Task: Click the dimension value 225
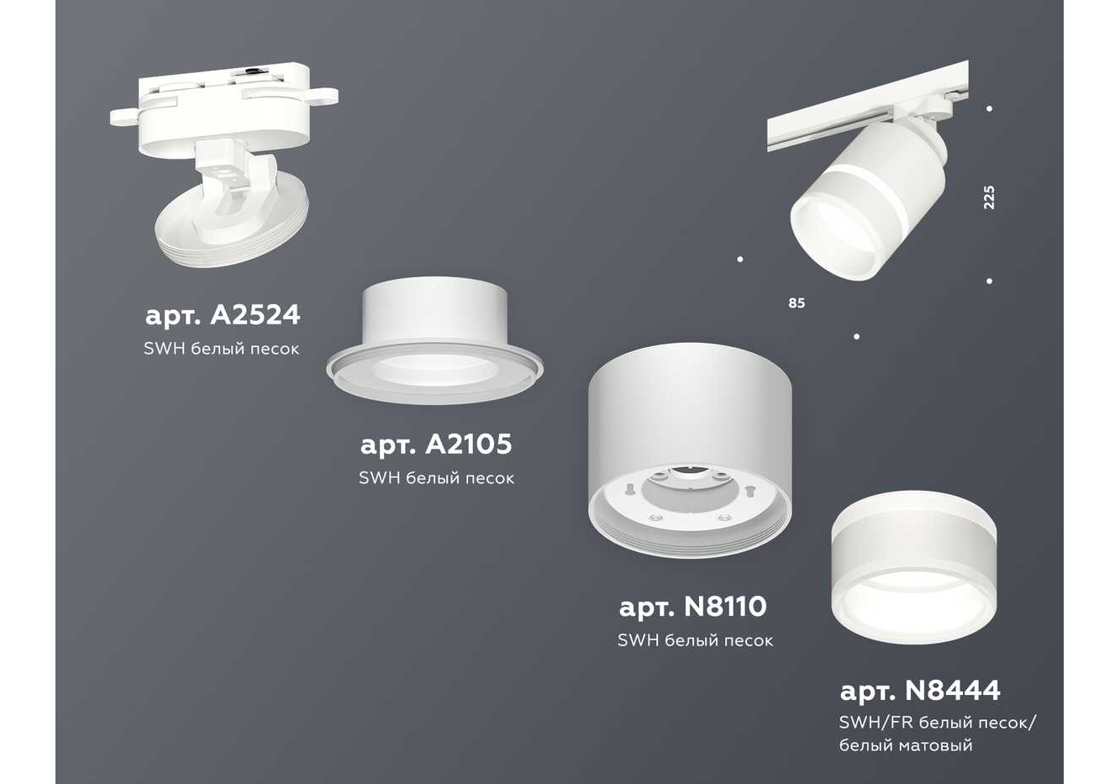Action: [x=989, y=197]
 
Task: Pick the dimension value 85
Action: [x=797, y=303]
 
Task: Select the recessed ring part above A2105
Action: [x=434, y=340]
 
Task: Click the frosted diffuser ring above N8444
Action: [x=914, y=566]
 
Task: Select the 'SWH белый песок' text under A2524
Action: [x=222, y=349]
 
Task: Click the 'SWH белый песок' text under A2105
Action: [x=437, y=478]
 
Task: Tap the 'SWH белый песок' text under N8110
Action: [x=695, y=640]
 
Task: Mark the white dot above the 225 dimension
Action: [x=990, y=108]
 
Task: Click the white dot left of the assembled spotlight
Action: [x=740, y=259]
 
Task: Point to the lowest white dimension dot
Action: [x=856, y=336]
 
